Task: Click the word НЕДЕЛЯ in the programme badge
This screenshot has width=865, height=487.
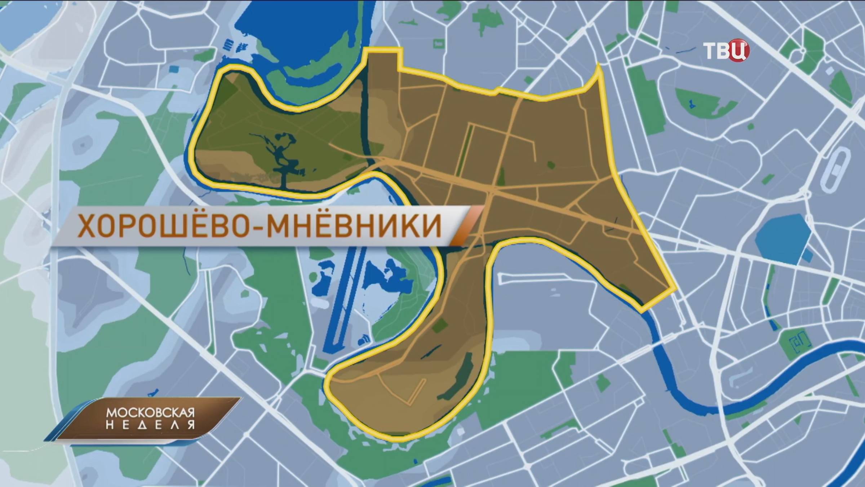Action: [150, 425]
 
